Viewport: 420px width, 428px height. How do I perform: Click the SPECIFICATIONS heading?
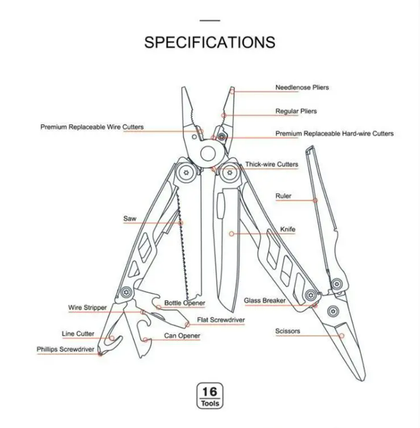(210, 42)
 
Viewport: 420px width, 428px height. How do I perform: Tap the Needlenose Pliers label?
(302, 88)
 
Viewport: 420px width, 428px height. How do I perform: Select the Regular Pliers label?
(296, 111)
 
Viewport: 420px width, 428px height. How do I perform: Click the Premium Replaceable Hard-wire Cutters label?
(335, 133)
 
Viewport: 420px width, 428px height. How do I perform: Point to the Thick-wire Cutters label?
(271, 164)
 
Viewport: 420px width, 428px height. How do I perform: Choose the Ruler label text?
(283, 196)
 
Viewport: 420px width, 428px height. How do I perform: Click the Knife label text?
(288, 230)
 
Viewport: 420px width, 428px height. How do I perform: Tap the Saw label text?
(130, 218)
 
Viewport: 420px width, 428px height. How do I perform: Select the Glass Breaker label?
(265, 300)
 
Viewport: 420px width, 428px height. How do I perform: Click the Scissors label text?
(288, 331)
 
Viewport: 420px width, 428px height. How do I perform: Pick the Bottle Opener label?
(185, 303)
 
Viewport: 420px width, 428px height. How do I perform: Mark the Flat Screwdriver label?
(221, 319)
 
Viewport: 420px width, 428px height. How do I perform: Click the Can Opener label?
(182, 336)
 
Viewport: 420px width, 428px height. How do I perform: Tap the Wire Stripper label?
(88, 308)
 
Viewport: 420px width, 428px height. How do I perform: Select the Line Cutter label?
(77, 334)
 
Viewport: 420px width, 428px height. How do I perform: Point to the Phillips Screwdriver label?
(65, 349)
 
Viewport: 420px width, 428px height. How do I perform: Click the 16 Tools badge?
(210, 395)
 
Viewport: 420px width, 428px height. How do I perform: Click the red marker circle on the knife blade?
(231, 234)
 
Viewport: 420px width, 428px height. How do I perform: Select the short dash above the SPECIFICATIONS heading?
(210, 20)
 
